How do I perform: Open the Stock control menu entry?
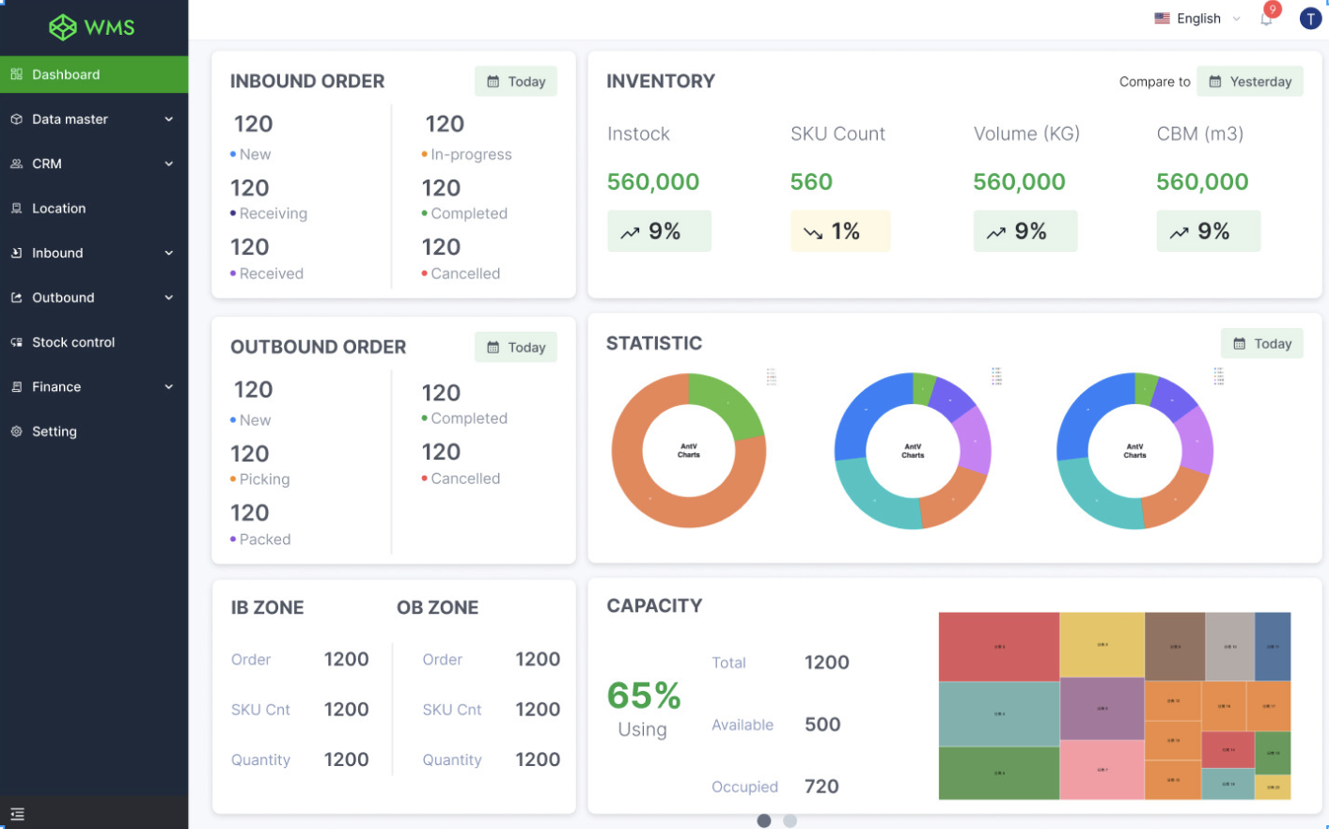coord(73,342)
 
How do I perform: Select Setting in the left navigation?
coord(55,431)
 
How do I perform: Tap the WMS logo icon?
coord(63,27)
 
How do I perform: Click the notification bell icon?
coord(1266,19)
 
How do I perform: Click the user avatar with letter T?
coord(1310,19)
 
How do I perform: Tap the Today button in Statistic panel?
coord(1261,344)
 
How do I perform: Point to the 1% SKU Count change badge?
coord(839,231)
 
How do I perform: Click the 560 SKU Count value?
coord(811,181)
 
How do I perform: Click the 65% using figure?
coord(644,696)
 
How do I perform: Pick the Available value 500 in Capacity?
coord(822,725)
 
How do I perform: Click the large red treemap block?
coord(998,647)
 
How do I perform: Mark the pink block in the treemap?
coord(1102,770)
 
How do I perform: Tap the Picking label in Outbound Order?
coord(264,479)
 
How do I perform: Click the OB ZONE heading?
coord(437,608)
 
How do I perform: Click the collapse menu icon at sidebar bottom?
coord(17,814)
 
